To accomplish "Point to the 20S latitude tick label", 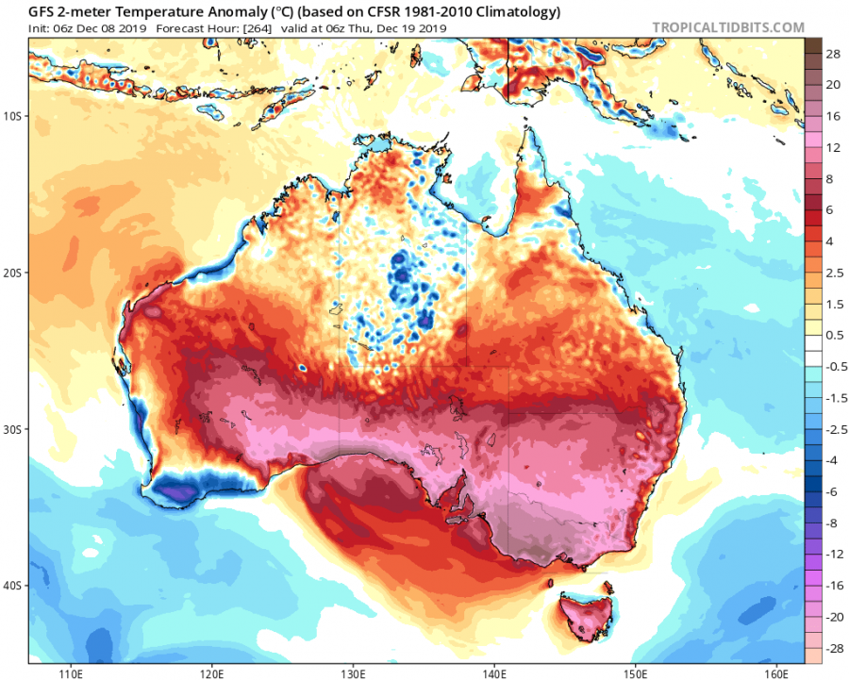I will coord(13,273).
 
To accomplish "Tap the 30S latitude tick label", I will coord(13,429).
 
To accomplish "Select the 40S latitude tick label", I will coord(13,586).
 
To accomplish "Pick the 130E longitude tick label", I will coord(353,673).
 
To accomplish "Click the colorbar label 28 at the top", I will coord(832,56).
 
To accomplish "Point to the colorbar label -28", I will coord(832,648).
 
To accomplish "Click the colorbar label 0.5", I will coord(832,336).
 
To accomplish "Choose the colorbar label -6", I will coord(832,492).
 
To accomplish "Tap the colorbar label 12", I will coord(832,149).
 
